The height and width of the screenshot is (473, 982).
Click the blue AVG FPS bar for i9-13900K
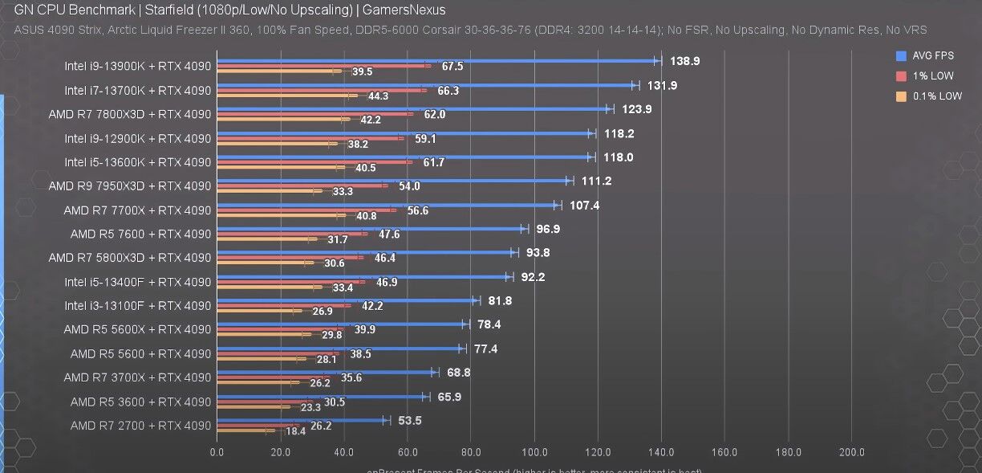[x=437, y=60]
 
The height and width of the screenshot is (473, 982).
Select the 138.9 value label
[x=684, y=61]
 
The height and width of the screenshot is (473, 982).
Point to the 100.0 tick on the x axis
[x=534, y=451]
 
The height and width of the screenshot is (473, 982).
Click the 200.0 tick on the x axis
[x=852, y=451]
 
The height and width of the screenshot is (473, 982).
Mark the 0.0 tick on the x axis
[x=217, y=451]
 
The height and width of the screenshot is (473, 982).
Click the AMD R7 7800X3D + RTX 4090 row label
[x=130, y=114]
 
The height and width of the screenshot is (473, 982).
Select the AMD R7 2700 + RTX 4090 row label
[x=140, y=425]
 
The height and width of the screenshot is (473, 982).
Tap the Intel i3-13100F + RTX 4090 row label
[x=138, y=305]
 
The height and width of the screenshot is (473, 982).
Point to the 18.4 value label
[x=296, y=431]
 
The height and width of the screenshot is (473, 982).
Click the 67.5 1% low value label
[x=452, y=67]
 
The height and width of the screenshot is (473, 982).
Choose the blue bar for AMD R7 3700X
[x=325, y=372]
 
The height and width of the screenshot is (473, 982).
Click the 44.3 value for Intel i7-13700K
[x=378, y=96]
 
